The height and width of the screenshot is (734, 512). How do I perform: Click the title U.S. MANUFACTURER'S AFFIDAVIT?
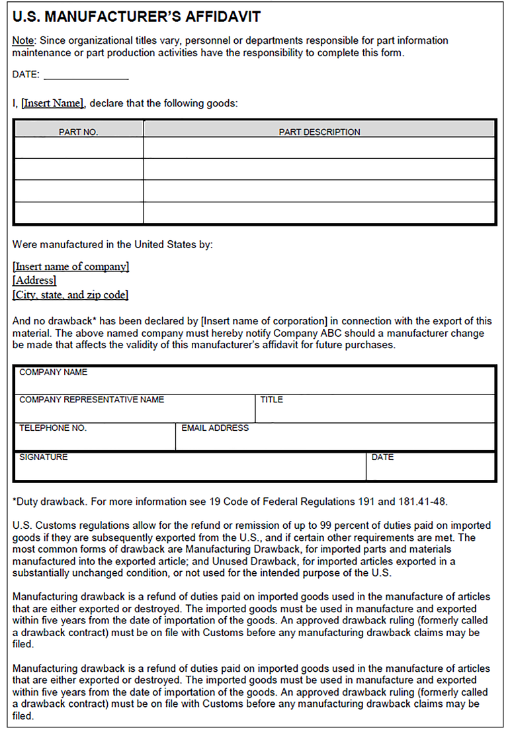[x=136, y=17]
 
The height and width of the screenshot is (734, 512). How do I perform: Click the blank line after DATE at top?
[x=86, y=75]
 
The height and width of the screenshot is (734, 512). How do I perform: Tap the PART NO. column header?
[x=78, y=132]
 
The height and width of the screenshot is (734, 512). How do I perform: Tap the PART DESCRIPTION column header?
[x=320, y=132]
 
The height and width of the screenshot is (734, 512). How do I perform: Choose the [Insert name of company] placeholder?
[x=71, y=267]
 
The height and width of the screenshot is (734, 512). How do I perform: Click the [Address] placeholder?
[x=34, y=281]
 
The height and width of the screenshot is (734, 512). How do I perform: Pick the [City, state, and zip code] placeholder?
[x=70, y=295]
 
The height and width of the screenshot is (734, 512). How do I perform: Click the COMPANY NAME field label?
[x=53, y=373]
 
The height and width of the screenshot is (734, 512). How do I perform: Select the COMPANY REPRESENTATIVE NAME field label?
[x=91, y=400]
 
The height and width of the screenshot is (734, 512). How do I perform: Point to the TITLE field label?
[x=271, y=400]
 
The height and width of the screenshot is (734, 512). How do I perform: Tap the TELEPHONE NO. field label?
[x=53, y=428]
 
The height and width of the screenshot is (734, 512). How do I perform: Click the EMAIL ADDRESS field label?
[x=215, y=428]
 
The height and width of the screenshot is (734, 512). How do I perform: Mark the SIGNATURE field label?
[x=43, y=457]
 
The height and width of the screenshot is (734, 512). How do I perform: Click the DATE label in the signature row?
[x=382, y=457]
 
